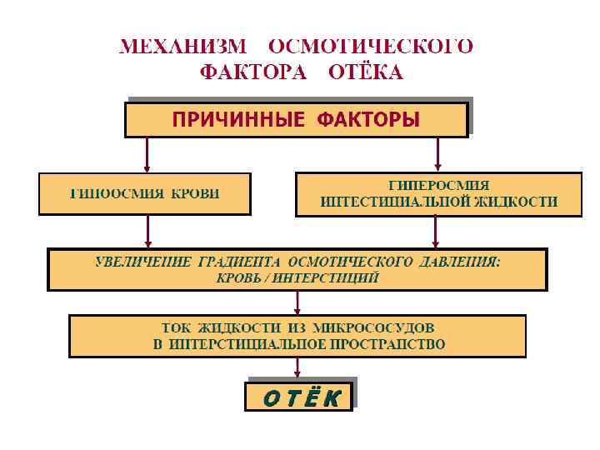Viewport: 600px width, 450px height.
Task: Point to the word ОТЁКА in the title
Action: coord(366,72)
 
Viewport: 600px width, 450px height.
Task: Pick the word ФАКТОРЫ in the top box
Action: coord(368,120)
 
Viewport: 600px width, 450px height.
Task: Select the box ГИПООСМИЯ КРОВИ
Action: coord(144,194)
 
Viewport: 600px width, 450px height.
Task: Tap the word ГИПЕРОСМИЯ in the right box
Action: coord(439,185)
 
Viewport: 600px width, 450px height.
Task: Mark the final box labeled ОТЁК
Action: coord(300,397)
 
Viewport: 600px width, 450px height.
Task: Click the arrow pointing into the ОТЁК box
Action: coord(297,368)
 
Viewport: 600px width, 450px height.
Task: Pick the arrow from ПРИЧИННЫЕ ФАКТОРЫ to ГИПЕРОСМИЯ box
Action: coord(437,154)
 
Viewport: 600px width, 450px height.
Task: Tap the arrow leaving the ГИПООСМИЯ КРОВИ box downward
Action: coord(147,231)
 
